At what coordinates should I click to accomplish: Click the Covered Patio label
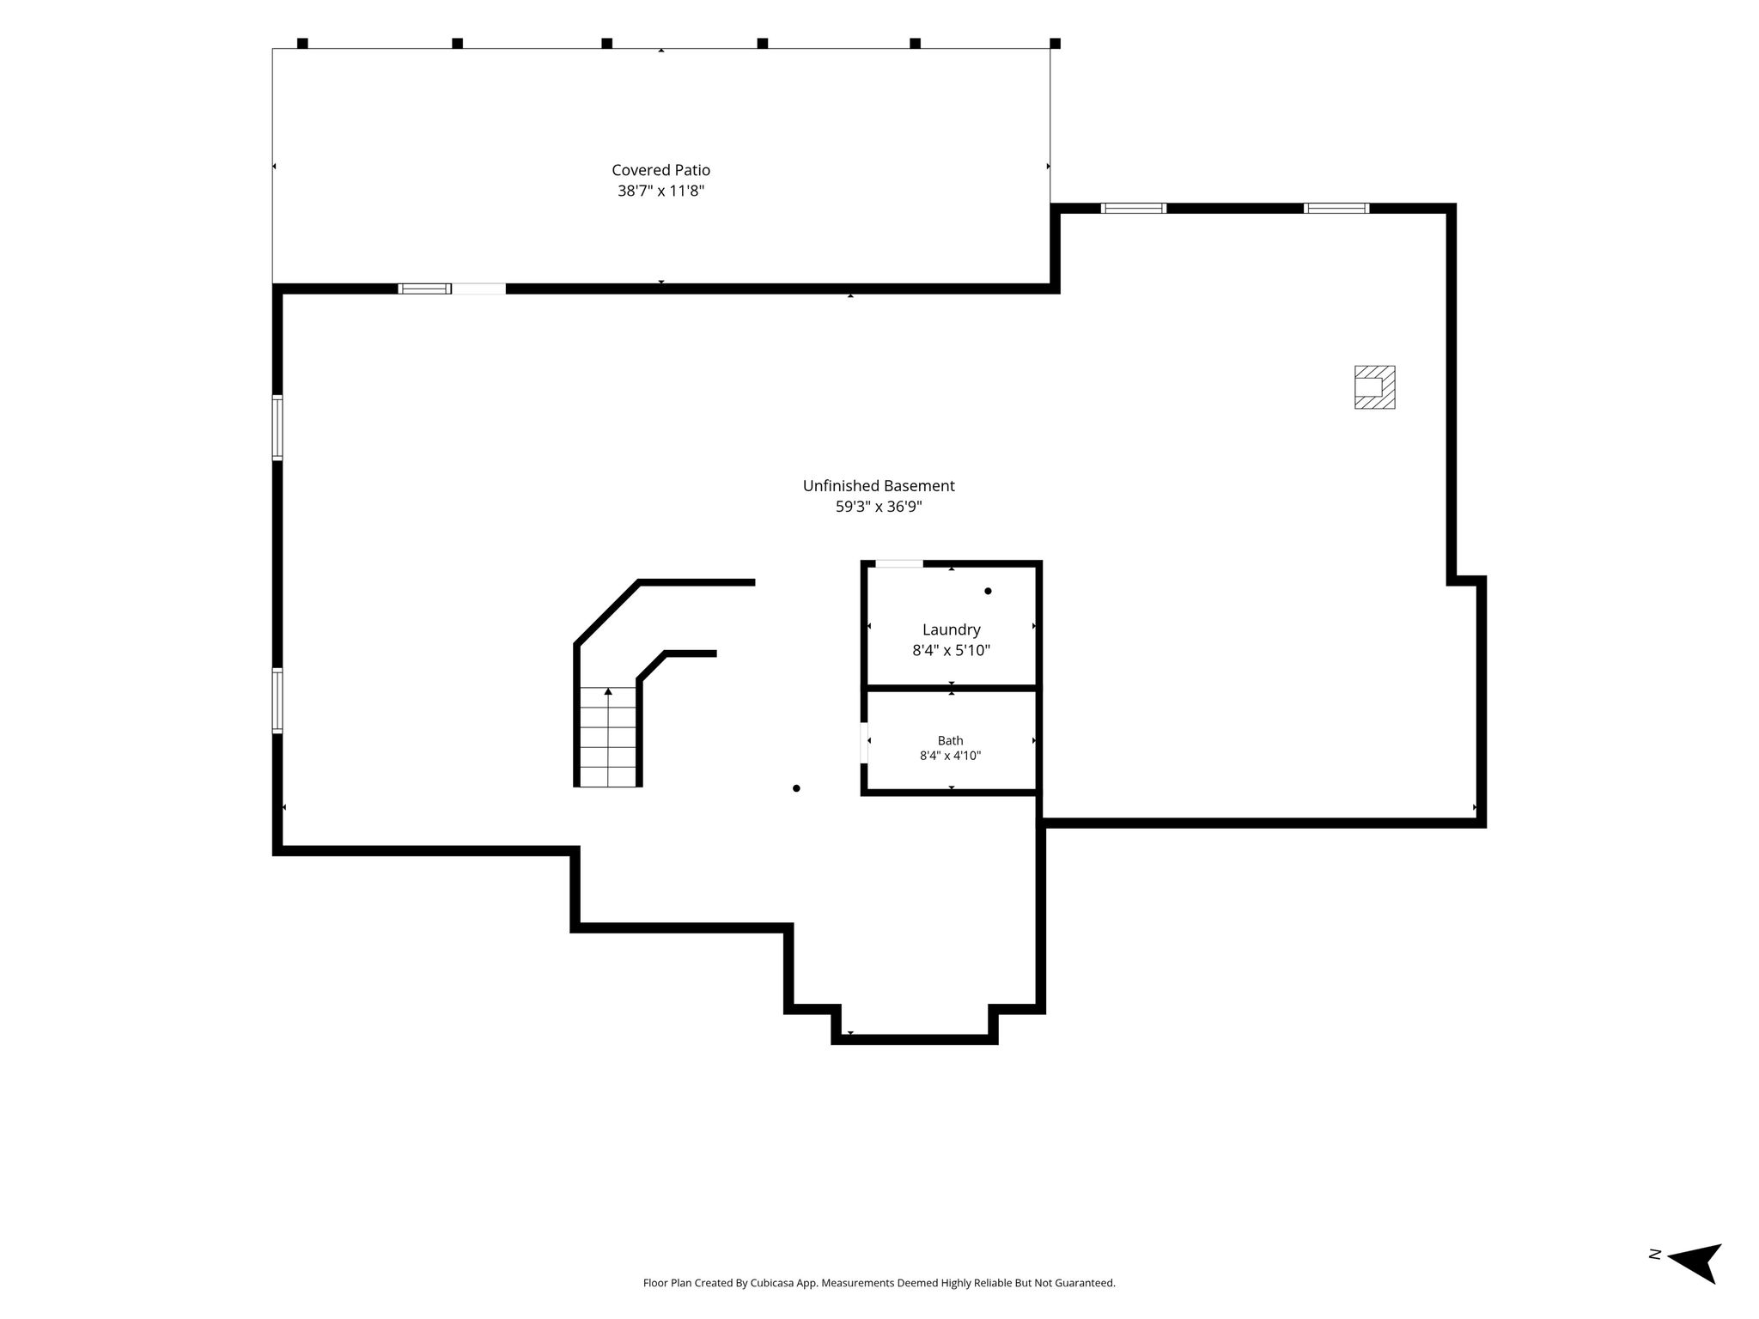[660, 170]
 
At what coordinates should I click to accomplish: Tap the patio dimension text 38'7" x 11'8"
[660, 191]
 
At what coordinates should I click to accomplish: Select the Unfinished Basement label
[879, 486]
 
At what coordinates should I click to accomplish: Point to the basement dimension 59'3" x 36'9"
[879, 507]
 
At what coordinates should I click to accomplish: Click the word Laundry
[951, 630]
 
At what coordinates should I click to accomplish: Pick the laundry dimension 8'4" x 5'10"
[951, 651]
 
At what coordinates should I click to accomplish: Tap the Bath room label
[950, 740]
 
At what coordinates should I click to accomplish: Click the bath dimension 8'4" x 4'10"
[950, 756]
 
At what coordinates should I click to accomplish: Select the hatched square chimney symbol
[1374, 387]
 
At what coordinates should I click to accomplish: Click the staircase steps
[608, 737]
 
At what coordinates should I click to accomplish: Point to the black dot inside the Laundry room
[988, 591]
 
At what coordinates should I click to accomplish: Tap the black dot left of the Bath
[796, 788]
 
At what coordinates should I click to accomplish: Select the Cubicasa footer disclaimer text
[879, 1283]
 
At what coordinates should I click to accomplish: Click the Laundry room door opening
[899, 564]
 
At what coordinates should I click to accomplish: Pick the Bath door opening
[864, 743]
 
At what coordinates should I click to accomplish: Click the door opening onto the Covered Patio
[479, 289]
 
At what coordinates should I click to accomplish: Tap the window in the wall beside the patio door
[425, 289]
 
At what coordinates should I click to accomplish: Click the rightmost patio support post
[1055, 43]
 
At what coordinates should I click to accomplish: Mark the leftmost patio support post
[302, 43]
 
